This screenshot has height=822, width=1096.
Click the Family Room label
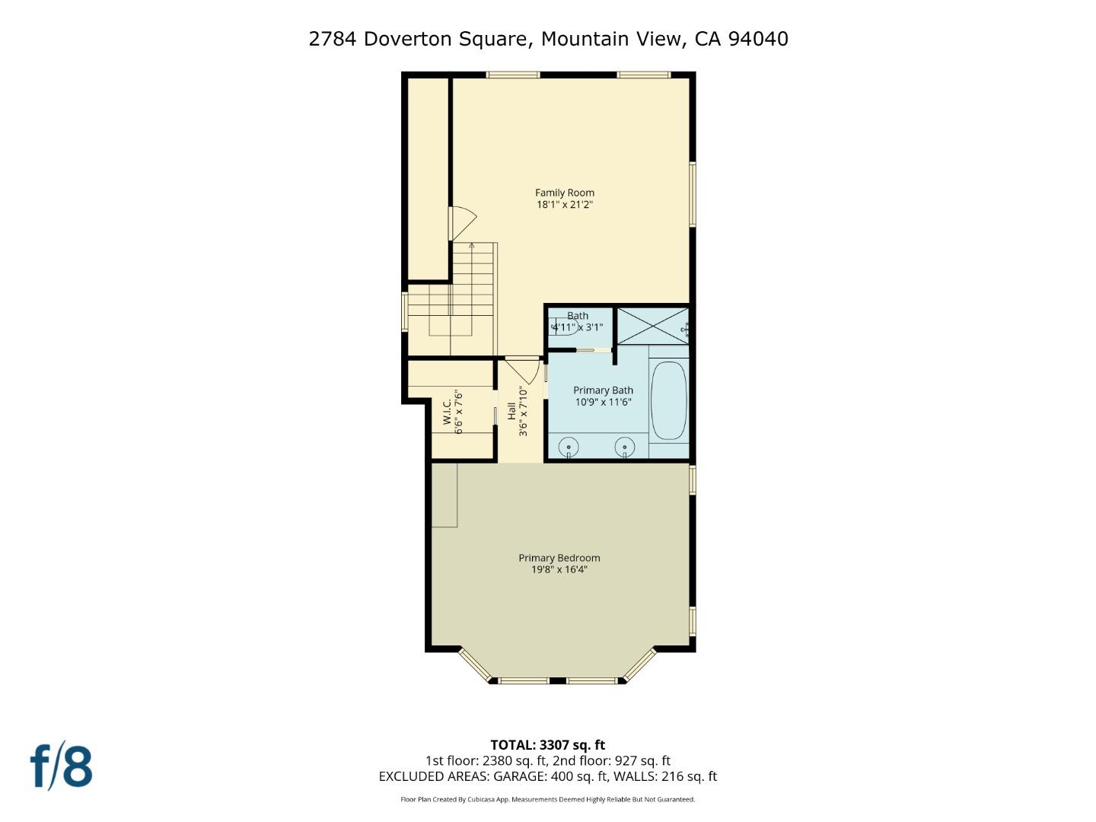pyautogui.click(x=564, y=193)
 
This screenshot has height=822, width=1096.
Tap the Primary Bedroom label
pyautogui.click(x=559, y=558)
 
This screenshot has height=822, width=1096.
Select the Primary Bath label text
pyautogui.click(x=603, y=390)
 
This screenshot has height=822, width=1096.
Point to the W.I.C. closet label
pyautogui.click(x=448, y=412)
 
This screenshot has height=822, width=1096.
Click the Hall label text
pyautogui.click(x=511, y=412)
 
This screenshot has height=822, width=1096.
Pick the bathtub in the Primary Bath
pyautogui.click(x=669, y=400)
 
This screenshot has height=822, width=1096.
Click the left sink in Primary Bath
pyautogui.click(x=569, y=446)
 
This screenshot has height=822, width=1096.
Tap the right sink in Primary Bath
pyautogui.click(x=625, y=446)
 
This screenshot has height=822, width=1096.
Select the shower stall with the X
pyautogui.click(x=652, y=326)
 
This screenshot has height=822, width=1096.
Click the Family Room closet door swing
pyautogui.click(x=463, y=223)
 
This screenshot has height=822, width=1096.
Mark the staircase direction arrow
pyautogui.click(x=473, y=247)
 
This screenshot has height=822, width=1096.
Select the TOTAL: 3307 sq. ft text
pyautogui.click(x=547, y=745)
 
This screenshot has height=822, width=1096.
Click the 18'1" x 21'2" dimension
pyautogui.click(x=564, y=205)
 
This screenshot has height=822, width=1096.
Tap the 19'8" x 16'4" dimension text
pyautogui.click(x=559, y=569)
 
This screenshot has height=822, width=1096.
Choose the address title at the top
pyautogui.click(x=548, y=39)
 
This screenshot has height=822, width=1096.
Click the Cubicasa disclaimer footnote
pyautogui.click(x=547, y=799)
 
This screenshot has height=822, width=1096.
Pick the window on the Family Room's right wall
pyautogui.click(x=692, y=193)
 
